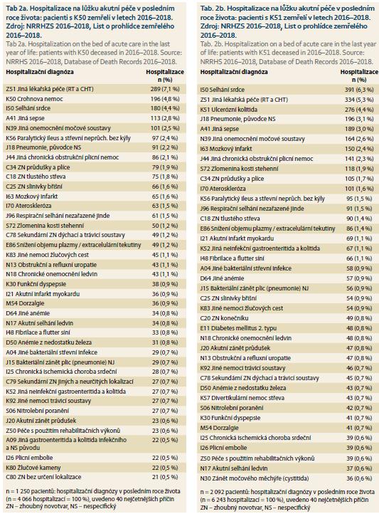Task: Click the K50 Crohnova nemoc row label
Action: pos(34,99)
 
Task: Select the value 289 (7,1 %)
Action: pos(165,89)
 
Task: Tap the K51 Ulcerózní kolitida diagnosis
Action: pos(229,110)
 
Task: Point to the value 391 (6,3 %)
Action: pos(359,90)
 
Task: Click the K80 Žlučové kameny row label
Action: pos(33,468)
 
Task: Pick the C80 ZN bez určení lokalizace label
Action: pos(43,477)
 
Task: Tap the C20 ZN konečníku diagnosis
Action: pos(225,318)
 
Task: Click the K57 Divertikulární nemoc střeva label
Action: pos(242,398)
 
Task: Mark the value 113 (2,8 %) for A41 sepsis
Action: pos(165,118)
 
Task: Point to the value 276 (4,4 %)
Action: pos(359,110)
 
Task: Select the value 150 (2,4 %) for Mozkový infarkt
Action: pos(359,149)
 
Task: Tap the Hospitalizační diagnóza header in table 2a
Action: pos(40,72)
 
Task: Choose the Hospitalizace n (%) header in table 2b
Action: pos(359,75)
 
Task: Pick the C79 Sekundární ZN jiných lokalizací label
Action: pos(70,382)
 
